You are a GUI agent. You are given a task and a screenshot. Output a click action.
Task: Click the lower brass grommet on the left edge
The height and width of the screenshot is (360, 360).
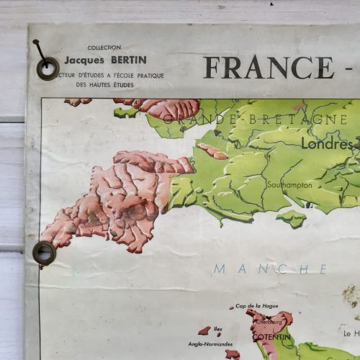[44, 253]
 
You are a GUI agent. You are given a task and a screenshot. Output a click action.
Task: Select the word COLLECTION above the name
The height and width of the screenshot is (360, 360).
[104, 48]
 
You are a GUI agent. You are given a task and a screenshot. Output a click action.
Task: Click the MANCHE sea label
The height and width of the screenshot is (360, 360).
[271, 269]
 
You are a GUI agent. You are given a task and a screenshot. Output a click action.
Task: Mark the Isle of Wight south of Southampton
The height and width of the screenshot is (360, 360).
[292, 218]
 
